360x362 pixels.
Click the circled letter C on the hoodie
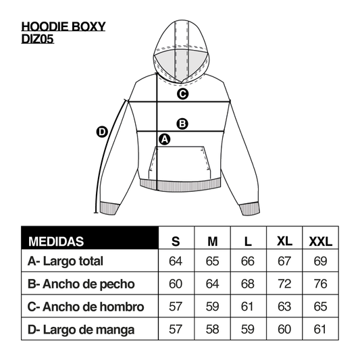[x=182, y=94]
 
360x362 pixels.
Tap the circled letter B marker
[x=182, y=124]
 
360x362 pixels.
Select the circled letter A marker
[x=165, y=139]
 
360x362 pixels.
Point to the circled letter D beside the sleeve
[x=102, y=132]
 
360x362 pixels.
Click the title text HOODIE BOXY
[x=63, y=26]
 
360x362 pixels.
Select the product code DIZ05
[x=38, y=38]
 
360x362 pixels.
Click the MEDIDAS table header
[x=56, y=242]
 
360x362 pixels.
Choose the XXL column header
[x=321, y=242]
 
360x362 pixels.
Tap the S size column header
[x=176, y=242]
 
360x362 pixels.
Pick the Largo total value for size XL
[x=284, y=261]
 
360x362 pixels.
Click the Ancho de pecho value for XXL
[x=321, y=284]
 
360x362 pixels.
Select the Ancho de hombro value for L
[x=247, y=307]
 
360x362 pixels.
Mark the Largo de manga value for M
[x=212, y=329]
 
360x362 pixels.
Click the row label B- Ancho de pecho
[x=81, y=284]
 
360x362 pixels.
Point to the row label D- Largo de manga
[x=81, y=330]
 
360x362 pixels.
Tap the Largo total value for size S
[x=176, y=261]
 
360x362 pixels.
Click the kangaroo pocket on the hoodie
[x=180, y=163]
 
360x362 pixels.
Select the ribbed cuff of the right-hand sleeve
[x=250, y=209]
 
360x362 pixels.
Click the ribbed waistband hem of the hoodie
[x=180, y=186]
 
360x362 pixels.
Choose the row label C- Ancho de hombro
[x=86, y=307]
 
